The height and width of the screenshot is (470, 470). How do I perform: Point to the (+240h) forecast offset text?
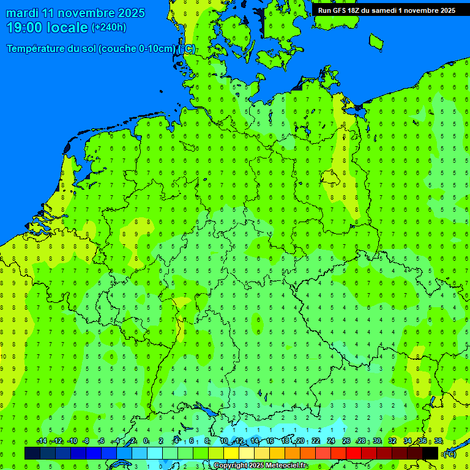pyautogui.click(x=108, y=28)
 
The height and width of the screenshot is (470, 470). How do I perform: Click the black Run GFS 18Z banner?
pyautogui.click(x=386, y=10)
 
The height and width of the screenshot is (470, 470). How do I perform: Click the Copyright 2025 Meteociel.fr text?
pyautogui.click(x=261, y=466)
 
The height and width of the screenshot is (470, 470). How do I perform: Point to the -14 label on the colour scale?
pyautogui.click(x=42, y=441)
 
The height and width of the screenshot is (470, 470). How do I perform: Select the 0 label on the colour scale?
pyautogui.click(x=146, y=441)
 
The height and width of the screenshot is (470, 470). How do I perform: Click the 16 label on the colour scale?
pyautogui.click(x=270, y=441)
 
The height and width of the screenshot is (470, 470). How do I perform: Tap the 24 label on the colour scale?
pyautogui.click(x=332, y=441)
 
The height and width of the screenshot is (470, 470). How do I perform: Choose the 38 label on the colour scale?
pyautogui.click(x=438, y=441)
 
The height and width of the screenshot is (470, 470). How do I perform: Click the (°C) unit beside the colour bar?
pyautogui.click(x=449, y=454)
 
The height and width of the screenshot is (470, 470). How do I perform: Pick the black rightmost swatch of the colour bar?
pyautogui.click(x=430, y=453)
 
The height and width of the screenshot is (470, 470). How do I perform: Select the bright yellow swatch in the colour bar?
pyautogui.click(x=231, y=453)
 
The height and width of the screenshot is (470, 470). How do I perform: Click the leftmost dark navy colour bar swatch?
pyautogui.click(x=32, y=453)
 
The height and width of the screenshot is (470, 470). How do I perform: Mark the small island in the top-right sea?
pyautogui.click(x=376, y=41)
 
